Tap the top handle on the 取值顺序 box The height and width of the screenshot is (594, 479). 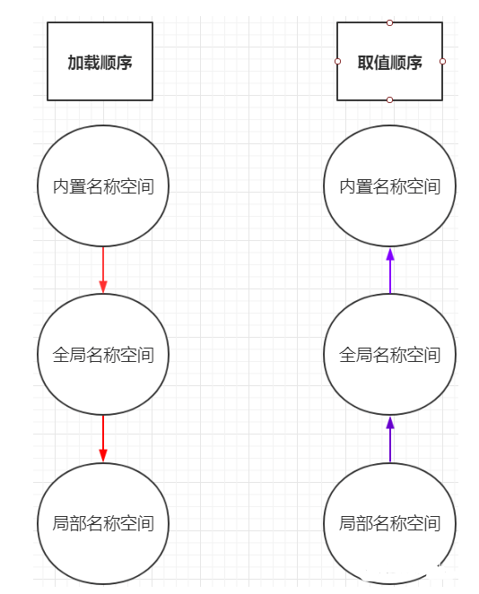point(389,22)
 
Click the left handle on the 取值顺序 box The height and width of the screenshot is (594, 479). point(337,61)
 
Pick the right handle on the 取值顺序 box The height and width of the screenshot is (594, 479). point(442,61)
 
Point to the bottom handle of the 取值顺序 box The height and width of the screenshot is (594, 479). point(389,100)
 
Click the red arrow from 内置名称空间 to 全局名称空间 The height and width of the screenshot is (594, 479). point(103,270)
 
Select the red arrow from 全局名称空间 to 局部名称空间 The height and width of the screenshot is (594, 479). point(103,439)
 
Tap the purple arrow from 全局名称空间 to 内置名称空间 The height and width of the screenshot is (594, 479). point(390,271)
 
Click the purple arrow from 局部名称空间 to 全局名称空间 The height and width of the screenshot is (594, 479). point(390,439)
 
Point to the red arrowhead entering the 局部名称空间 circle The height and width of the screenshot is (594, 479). point(103,456)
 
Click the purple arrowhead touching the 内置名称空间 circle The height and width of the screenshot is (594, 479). point(390,254)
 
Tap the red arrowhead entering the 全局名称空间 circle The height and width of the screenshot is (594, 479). point(103,287)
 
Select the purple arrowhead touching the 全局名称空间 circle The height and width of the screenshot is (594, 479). point(390,422)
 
